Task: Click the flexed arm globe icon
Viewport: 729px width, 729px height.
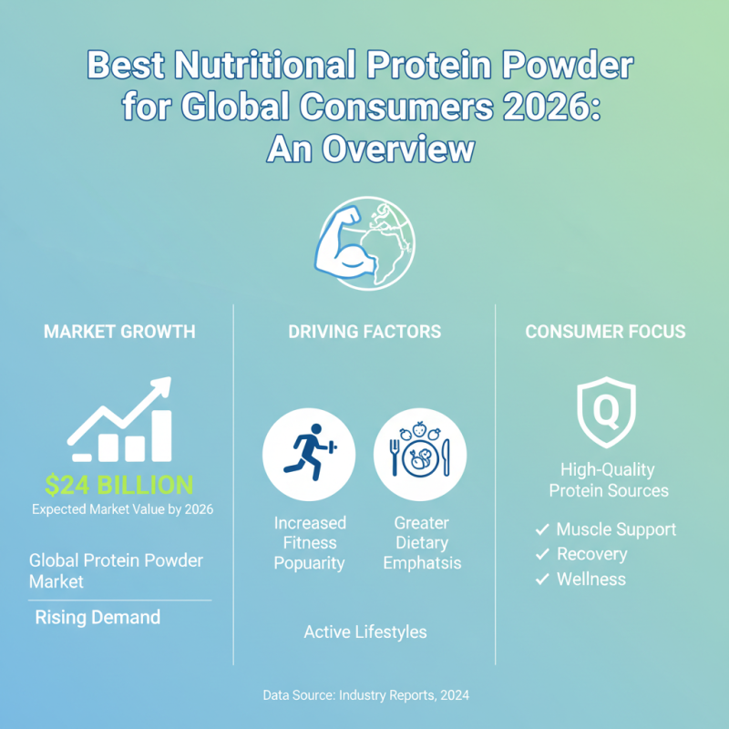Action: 364,239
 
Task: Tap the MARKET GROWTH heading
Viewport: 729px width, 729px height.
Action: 119,332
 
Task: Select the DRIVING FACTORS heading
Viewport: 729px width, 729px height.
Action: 364,332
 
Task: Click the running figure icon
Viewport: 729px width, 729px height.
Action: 308,453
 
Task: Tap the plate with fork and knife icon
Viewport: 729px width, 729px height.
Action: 419,453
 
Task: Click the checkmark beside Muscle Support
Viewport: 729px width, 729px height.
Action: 542,529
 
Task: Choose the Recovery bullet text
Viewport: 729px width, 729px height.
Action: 591,554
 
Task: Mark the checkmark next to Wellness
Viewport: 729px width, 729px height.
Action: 542,579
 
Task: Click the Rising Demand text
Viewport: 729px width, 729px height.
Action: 98,618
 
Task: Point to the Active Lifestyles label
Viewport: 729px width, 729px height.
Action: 364,631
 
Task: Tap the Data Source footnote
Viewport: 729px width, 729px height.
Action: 364,695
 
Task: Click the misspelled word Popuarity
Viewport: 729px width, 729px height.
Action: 310,563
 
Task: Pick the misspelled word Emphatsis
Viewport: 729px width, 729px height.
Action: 422,563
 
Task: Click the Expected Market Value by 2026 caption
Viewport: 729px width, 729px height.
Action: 122,509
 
